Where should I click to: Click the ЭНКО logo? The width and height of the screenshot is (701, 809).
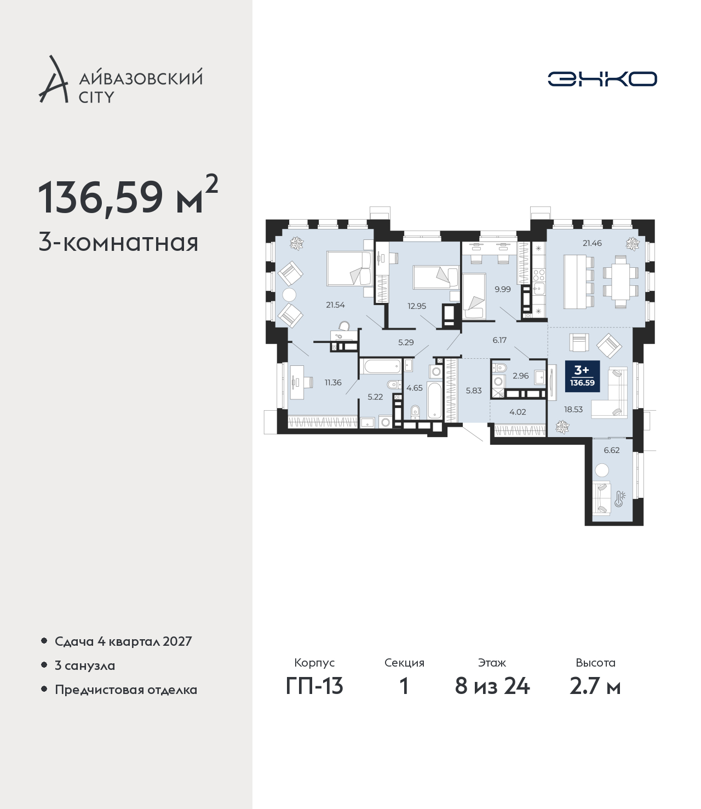[x=602, y=79]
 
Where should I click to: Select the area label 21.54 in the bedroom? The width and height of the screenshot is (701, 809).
[x=335, y=305]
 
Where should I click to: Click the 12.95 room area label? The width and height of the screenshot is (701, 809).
[x=417, y=306]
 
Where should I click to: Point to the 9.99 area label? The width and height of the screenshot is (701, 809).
[x=503, y=289]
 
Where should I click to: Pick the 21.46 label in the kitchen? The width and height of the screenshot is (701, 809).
[x=592, y=243]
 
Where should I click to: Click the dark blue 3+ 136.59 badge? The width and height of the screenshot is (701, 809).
[x=582, y=376]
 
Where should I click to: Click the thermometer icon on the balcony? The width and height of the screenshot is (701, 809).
[x=619, y=499]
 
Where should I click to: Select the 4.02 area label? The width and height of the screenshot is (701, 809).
[x=518, y=412]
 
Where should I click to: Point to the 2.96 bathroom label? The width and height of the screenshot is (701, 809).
[x=521, y=376]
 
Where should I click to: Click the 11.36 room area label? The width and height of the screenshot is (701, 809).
[x=333, y=382]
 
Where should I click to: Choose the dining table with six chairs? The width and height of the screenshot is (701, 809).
[x=620, y=282]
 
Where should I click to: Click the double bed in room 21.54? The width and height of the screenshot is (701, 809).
[x=349, y=268]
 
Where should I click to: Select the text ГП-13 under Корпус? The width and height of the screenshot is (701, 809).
[x=314, y=686]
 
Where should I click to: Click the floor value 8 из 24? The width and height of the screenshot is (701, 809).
[x=492, y=686]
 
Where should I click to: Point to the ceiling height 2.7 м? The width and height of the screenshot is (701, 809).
[x=595, y=686]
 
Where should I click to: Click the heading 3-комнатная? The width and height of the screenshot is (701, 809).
[x=119, y=243]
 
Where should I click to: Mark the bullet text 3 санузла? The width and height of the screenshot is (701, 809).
[x=85, y=665]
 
